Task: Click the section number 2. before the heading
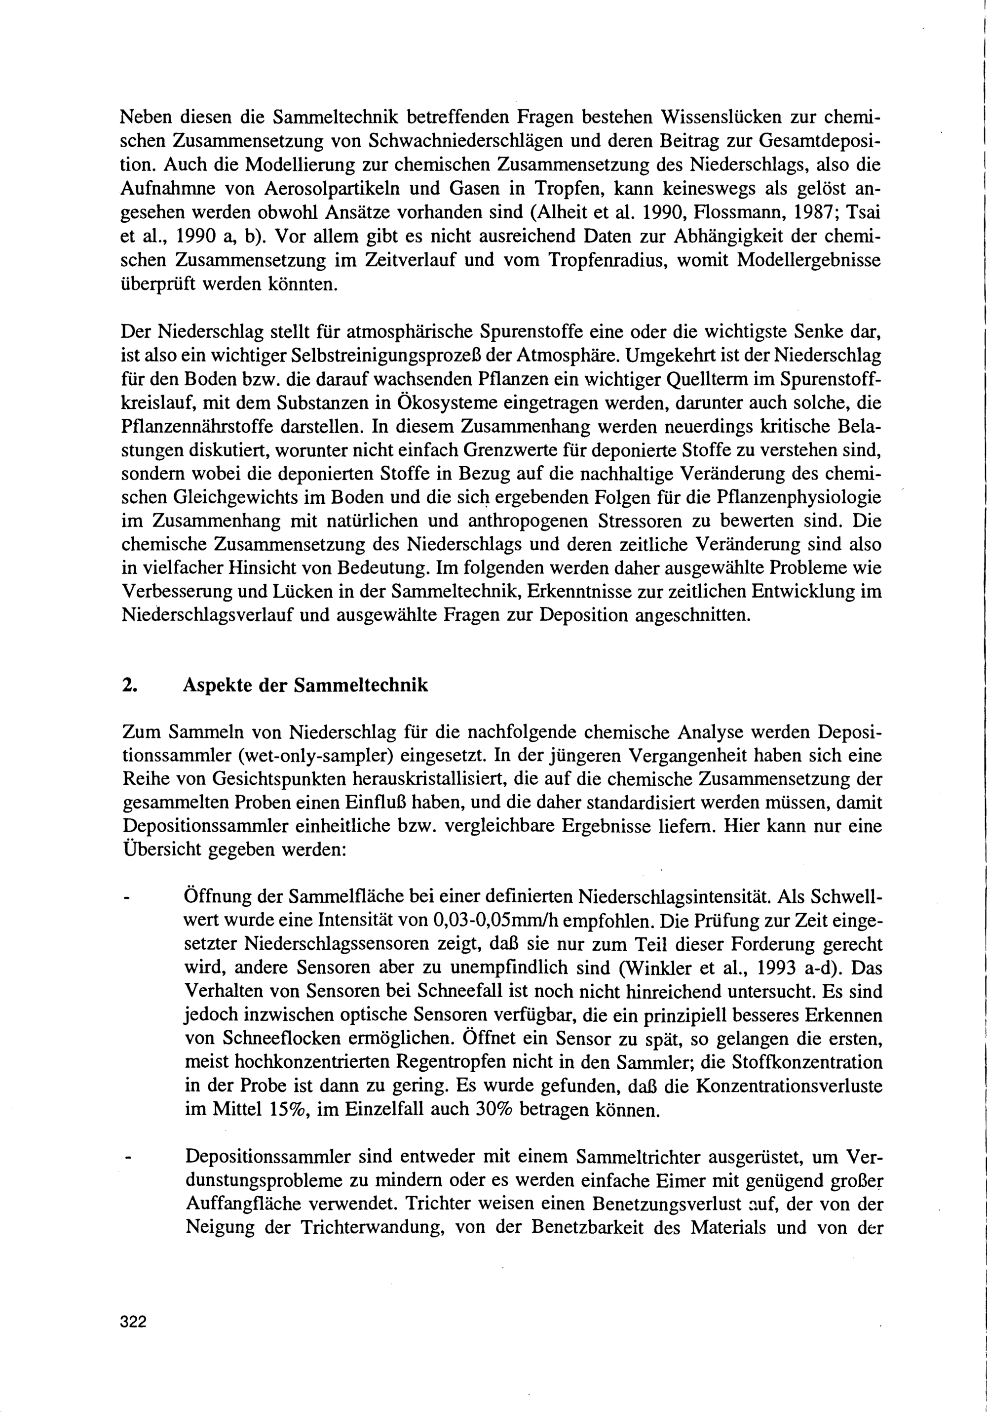pos(128,686)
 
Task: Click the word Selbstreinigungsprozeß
pos(351,356)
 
